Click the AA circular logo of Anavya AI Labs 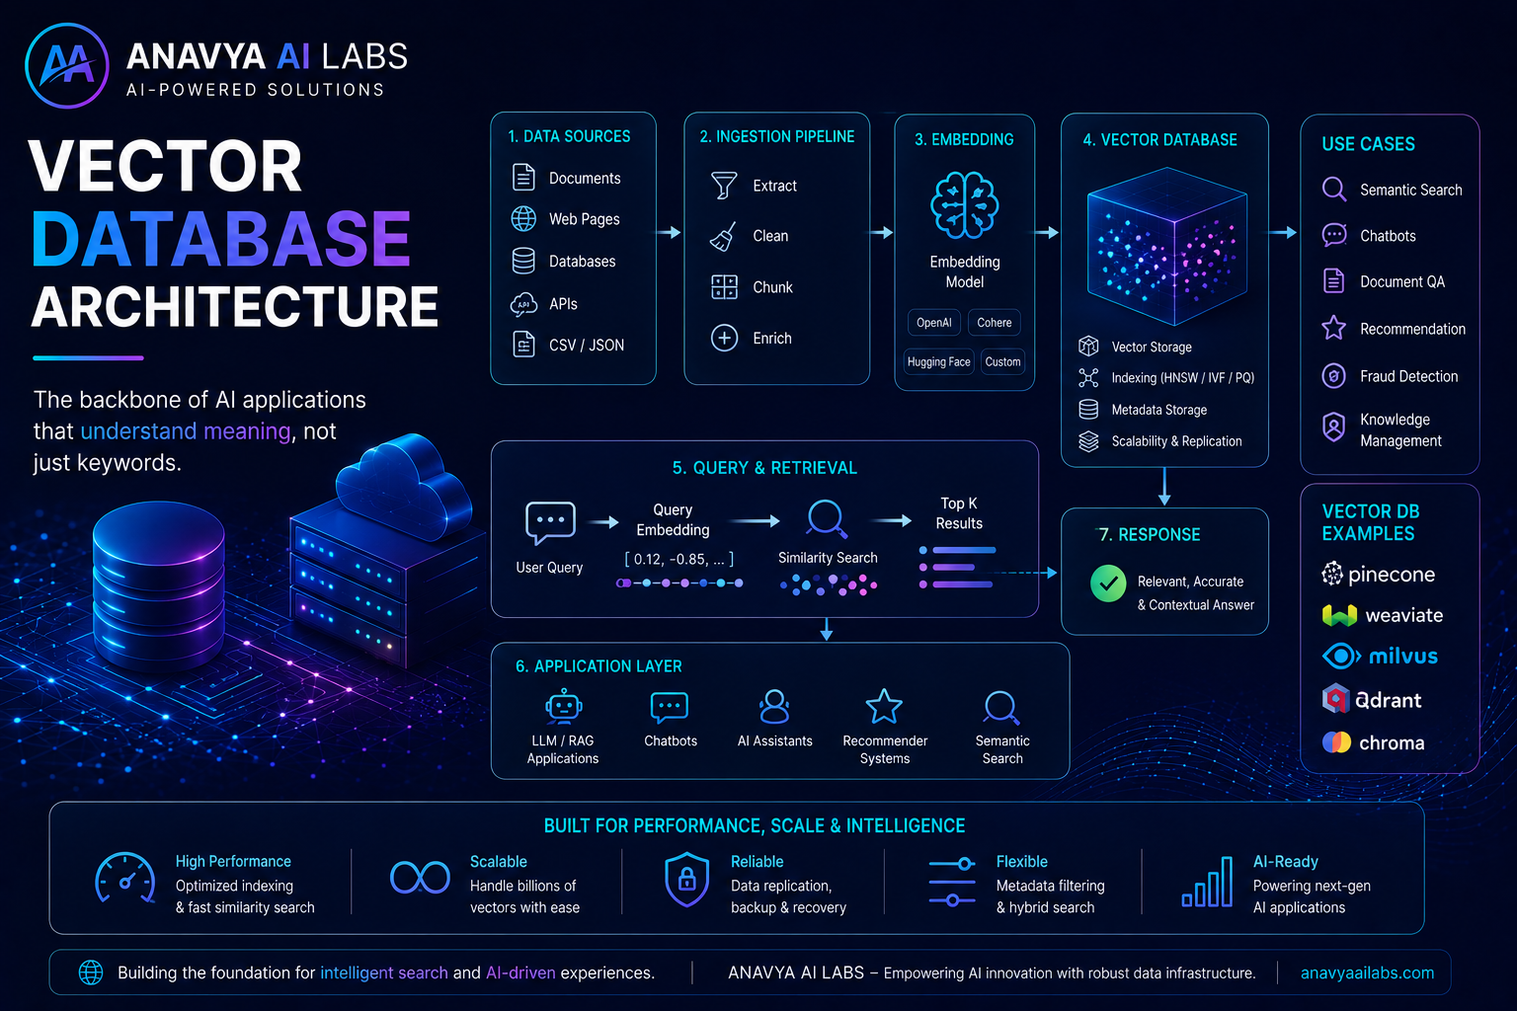coord(66,66)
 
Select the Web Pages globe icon coord(523,219)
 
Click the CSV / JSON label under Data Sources coord(587,346)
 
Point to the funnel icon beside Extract coord(723,185)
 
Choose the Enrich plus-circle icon coord(724,338)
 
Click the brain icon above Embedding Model coord(964,205)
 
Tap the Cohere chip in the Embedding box coord(995,322)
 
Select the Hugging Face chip coord(938,361)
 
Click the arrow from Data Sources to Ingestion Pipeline coord(669,232)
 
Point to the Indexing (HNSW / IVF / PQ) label coord(1182,378)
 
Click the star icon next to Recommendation coord(1334,328)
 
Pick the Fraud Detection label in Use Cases coord(1408,376)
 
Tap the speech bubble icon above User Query coord(550,522)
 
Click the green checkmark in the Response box coord(1108,583)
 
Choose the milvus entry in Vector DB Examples coord(1380,657)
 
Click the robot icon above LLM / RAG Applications coord(563,706)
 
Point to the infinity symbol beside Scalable coord(420,877)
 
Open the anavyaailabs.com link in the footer coord(1367,973)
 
